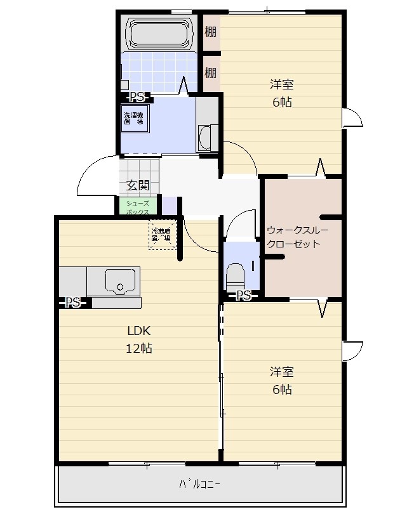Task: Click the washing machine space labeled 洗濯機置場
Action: tap(135, 119)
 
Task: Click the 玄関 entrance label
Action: tap(137, 186)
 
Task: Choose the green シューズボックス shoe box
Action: tap(137, 207)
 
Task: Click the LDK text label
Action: tap(138, 331)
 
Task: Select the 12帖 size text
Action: tap(138, 348)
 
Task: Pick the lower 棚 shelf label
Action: tap(210, 72)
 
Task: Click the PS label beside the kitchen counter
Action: tap(73, 303)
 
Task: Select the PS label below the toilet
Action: tap(243, 295)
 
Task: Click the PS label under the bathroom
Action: tap(137, 97)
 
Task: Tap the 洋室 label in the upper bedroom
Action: tap(282, 84)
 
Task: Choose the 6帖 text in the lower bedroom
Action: tap(282, 390)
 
